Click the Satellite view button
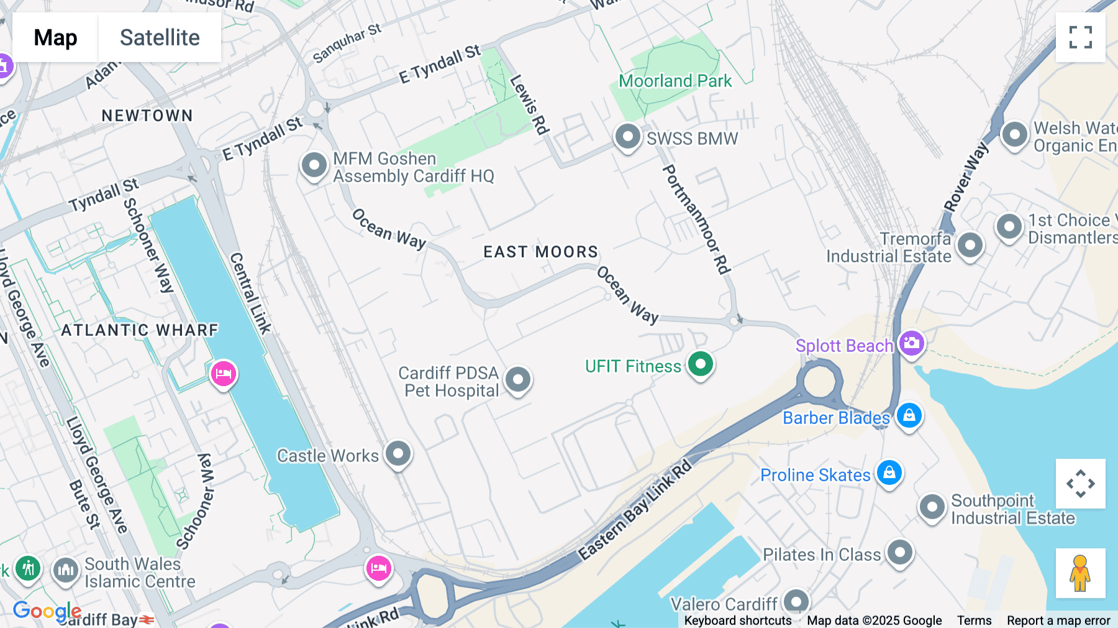click(160, 37)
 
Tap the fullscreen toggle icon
click(1080, 37)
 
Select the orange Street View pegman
click(1080, 573)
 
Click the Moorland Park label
click(675, 81)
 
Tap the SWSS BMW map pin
click(627, 136)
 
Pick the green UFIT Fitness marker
click(700, 364)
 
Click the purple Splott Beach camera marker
click(911, 343)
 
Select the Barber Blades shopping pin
click(909, 416)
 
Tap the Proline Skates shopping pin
click(889, 473)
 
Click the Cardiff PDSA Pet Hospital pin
click(517, 379)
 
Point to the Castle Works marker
click(398, 454)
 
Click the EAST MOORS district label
click(540, 252)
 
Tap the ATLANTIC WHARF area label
click(140, 330)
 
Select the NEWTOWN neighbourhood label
click(147, 116)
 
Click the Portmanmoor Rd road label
click(696, 219)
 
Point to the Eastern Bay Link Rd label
click(635, 510)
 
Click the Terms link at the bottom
click(974, 620)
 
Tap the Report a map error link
click(1058, 620)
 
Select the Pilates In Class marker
click(899, 552)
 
